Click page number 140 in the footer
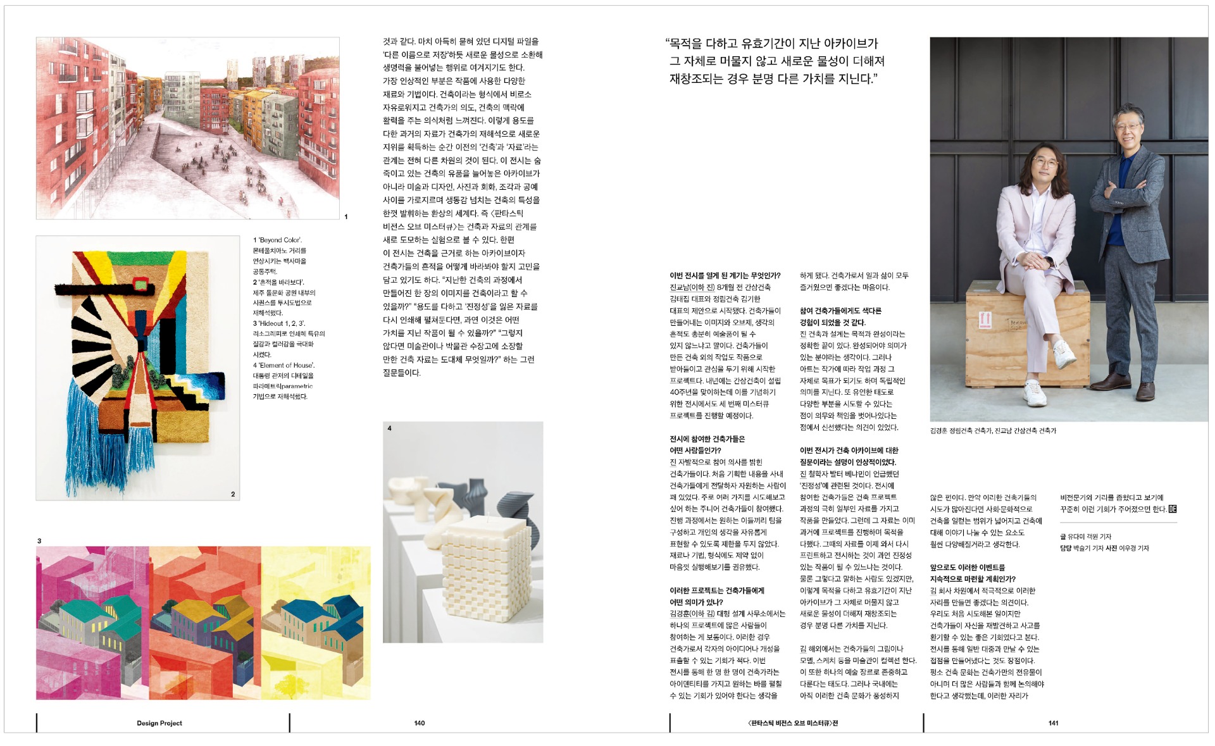[419, 723]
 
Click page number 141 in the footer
[1053, 723]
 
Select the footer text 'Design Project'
[159, 723]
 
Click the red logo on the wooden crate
[985, 319]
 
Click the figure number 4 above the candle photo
[389, 428]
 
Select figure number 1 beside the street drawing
[346, 216]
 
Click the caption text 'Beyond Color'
[280, 240]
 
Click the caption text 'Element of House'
[287, 365]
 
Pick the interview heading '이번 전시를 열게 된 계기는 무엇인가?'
[725, 276]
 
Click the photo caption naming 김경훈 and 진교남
[992, 431]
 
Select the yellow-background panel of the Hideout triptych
[316, 623]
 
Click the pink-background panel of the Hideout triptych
[92, 623]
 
